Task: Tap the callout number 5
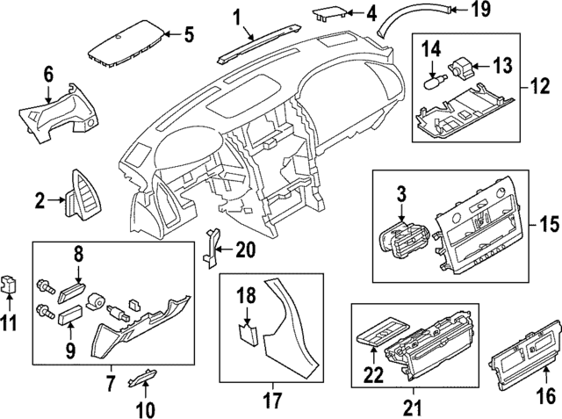click(x=189, y=36)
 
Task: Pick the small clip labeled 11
click(x=10, y=283)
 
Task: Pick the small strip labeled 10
click(x=141, y=378)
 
